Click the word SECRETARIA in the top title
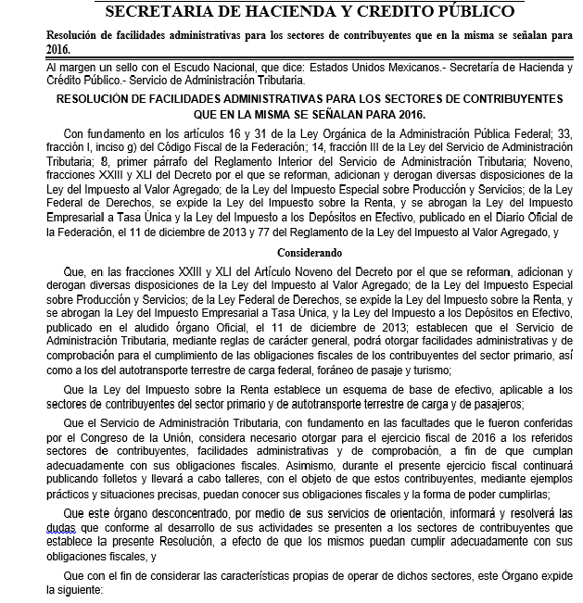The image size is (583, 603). (156, 12)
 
